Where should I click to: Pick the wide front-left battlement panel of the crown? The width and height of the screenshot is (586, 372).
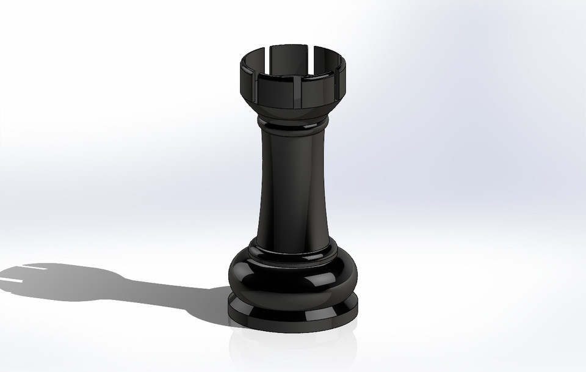[x=275, y=90]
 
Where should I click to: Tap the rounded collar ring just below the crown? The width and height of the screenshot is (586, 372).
[x=292, y=127]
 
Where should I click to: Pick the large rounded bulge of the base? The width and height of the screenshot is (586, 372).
[x=287, y=278]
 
